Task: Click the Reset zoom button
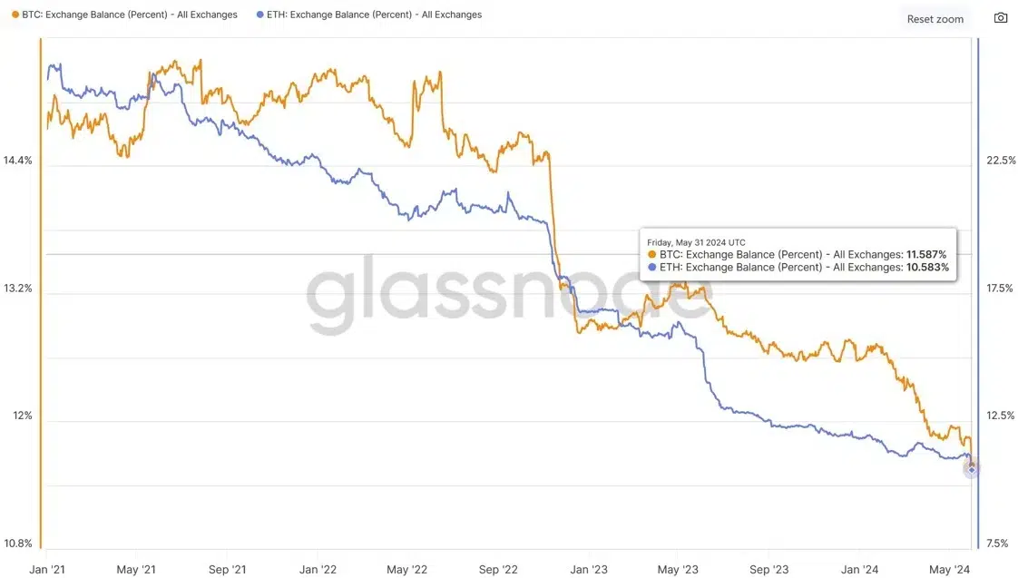click(935, 19)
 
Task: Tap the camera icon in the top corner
click(1001, 18)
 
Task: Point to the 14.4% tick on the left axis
click(17, 161)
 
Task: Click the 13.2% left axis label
click(17, 289)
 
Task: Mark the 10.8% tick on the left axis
click(17, 544)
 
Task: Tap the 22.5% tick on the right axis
click(1001, 161)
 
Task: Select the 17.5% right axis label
click(1001, 289)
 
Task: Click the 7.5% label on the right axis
click(997, 544)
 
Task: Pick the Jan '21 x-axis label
click(46, 570)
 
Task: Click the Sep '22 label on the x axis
click(498, 570)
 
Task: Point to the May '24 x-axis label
click(951, 570)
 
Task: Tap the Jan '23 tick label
click(589, 570)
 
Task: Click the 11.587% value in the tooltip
click(926, 255)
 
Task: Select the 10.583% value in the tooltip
click(927, 268)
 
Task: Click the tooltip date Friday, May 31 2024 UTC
click(696, 242)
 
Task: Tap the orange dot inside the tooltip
click(651, 255)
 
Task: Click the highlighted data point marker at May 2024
click(972, 468)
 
